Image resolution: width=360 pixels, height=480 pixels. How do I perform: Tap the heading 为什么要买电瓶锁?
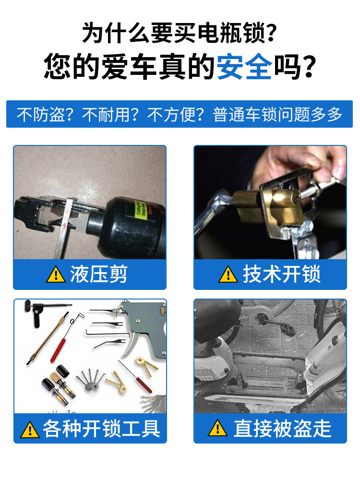(180, 33)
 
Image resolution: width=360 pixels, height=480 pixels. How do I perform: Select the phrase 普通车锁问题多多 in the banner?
(278, 115)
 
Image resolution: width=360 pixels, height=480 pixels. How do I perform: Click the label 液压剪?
(99, 275)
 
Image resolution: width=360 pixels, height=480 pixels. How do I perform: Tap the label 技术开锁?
(281, 275)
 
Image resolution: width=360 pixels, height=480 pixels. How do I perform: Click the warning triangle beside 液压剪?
(56, 275)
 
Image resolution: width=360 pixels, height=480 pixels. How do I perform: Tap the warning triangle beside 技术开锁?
(228, 275)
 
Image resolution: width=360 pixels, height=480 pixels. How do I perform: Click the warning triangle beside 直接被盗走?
(217, 428)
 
